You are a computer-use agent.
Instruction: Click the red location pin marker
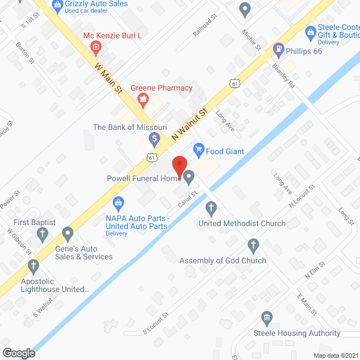click(179, 165)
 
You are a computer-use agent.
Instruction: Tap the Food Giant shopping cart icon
click(198, 149)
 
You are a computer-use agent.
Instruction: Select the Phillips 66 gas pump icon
click(277, 49)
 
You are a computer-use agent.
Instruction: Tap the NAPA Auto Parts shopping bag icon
click(118, 202)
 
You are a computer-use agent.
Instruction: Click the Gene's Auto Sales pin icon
click(68, 233)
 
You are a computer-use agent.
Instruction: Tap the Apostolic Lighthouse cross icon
click(34, 265)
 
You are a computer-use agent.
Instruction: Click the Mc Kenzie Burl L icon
click(96, 46)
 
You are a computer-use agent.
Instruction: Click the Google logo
click(19, 353)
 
